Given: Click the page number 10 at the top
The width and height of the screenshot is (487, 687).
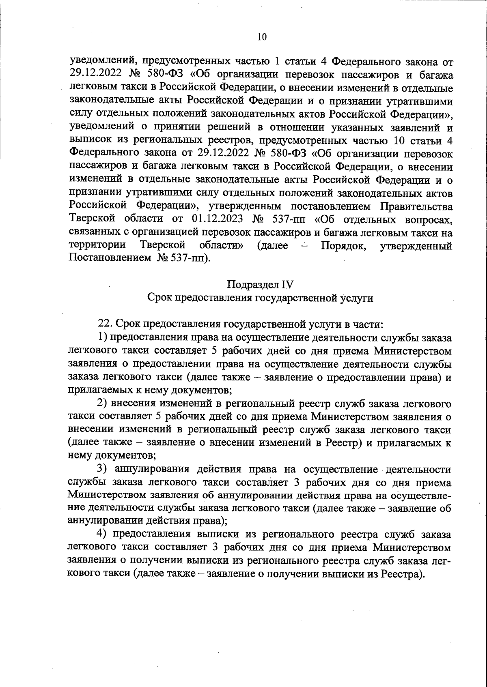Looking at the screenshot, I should [x=262, y=37].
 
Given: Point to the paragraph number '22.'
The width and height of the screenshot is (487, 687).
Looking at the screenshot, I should [x=105, y=324].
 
